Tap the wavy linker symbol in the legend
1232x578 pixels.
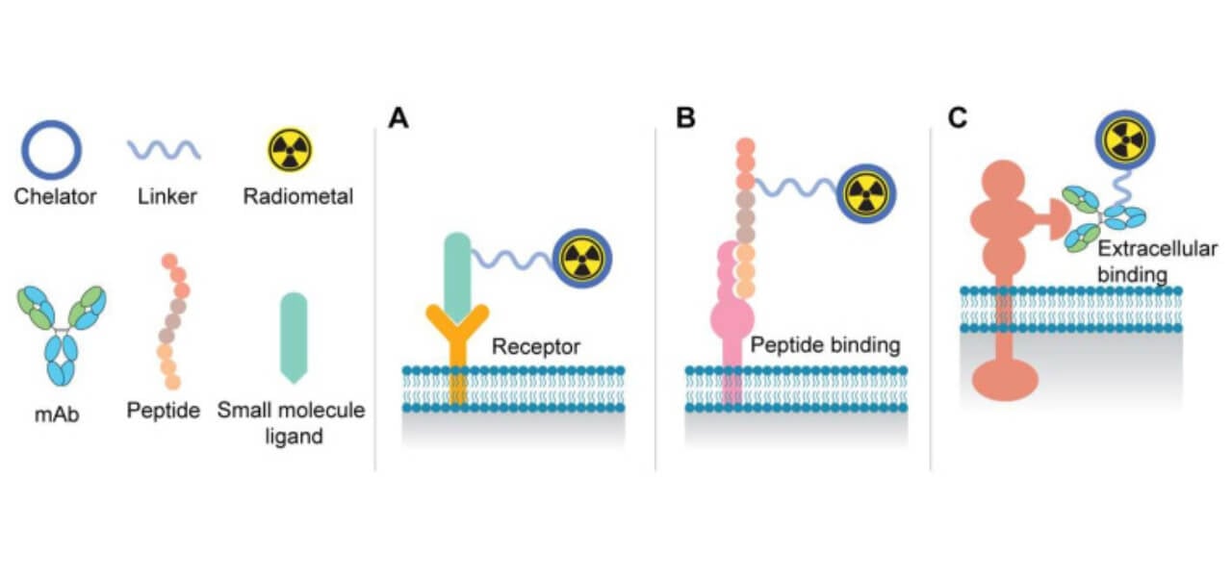click(164, 150)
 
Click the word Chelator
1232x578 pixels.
click(55, 197)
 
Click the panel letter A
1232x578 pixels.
click(398, 119)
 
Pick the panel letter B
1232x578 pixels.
click(685, 119)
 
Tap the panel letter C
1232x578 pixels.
click(959, 119)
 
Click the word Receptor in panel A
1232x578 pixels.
click(536, 347)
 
